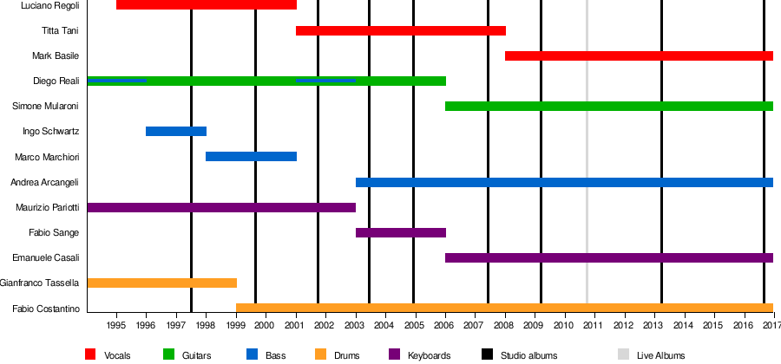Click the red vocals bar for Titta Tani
400,31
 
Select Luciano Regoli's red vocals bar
206,5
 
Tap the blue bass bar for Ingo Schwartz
175,132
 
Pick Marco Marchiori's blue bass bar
251,157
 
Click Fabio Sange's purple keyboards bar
400,233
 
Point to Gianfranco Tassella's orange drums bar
161,283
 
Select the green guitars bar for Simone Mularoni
608,107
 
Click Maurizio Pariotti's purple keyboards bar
221,208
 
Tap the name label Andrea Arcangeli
45,183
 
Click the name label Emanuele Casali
46,258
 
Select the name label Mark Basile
56,56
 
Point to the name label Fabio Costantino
47,309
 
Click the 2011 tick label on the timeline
593,326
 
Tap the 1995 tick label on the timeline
116,326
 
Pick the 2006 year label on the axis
444,326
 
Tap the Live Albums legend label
660,355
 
